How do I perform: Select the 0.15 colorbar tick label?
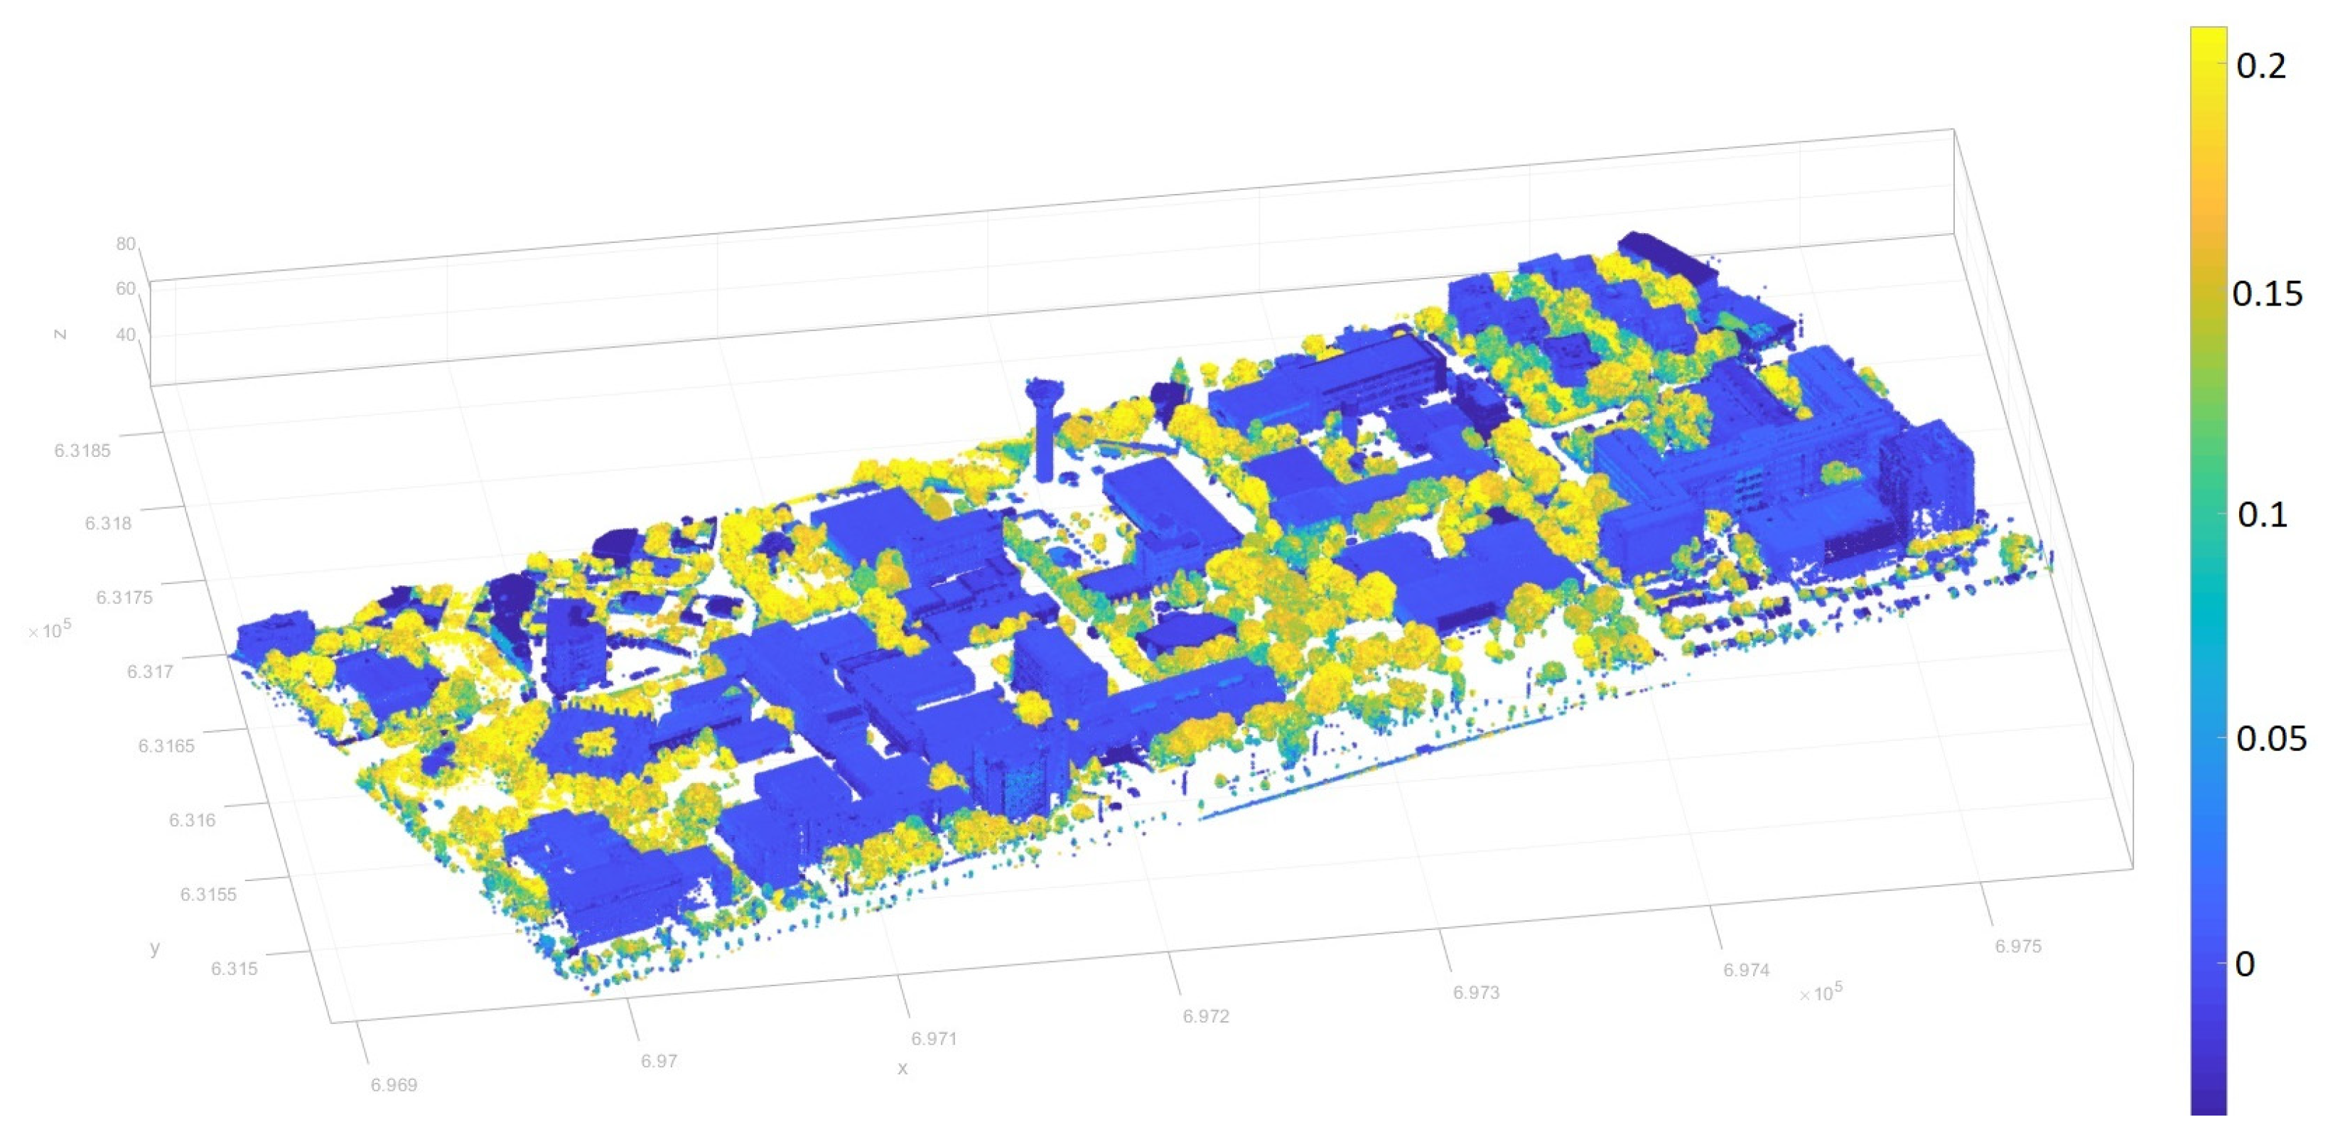(x=2266, y=293)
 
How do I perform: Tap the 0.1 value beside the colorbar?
(x=2263, y=514)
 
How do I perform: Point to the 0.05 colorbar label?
(x=2270, y=738)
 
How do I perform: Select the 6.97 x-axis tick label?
(x=658, y=1061)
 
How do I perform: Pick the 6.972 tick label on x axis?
(x=1205, y=1016)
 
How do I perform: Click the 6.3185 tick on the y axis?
(x=82, y=450)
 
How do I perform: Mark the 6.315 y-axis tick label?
(x=234, y=968)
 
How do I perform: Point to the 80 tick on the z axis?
(x=125, y=244)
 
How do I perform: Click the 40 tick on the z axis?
(x=125, y=335)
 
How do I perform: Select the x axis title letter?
(x=902, y=1068)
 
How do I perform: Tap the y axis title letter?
(x=155, y=948)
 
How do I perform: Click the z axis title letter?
(x=60, y=335)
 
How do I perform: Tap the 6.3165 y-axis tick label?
(x=166, y=746)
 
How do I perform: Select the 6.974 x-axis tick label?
(x=1745, y=970)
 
